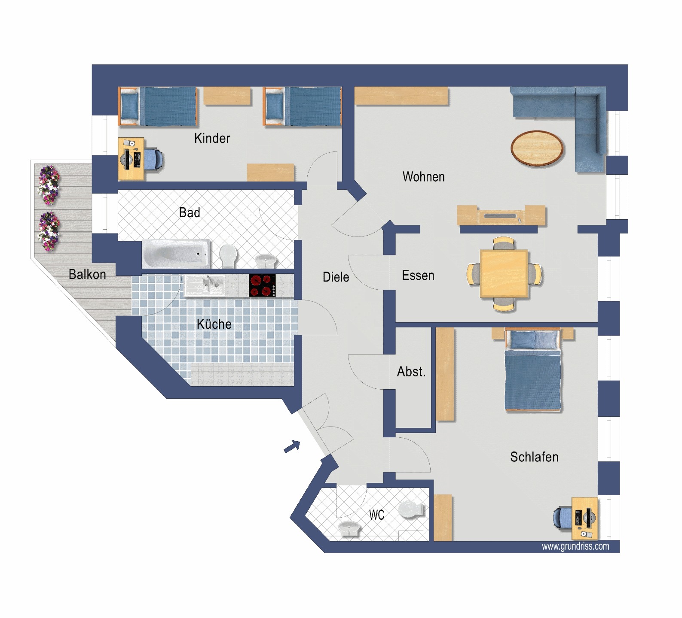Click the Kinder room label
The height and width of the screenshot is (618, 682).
(212, 138)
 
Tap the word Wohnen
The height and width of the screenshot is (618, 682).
(423, 177)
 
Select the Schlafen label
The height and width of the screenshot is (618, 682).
(534, 457)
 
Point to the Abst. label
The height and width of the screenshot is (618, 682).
(411, 372)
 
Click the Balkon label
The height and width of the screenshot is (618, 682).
(87, 274)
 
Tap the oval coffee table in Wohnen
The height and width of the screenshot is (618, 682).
(537, 148)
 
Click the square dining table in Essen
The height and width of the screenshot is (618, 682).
(504, 274)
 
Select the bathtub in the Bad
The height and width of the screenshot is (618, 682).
(176, 254)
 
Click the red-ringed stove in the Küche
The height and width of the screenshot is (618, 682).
(263, 285)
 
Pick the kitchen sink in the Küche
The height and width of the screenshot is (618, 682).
(205, 285)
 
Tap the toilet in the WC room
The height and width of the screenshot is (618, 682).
(411, 510)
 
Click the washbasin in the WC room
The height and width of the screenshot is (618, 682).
(349, 528)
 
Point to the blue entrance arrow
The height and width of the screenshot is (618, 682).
(292, 447)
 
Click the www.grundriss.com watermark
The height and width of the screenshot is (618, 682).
(575, 546)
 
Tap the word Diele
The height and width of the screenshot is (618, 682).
(336, 277)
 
